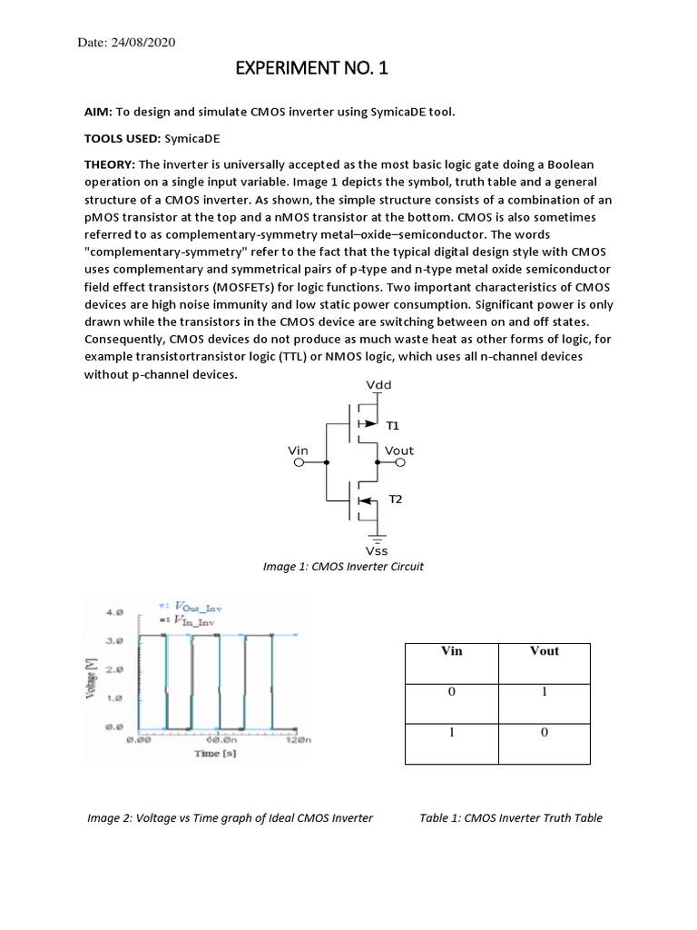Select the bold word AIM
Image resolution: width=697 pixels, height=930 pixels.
[x=97, y=112]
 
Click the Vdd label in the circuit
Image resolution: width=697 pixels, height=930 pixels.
[x=378, y=384]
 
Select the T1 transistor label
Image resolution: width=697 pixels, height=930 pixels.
[x=393, y=425]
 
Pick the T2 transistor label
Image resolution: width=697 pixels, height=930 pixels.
[x=395, y=500]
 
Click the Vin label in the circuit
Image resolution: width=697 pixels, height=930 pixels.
[x=299, y=450]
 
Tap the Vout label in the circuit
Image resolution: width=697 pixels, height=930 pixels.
[x=399, y=450]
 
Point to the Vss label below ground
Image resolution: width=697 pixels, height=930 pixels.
[x=377, y=550]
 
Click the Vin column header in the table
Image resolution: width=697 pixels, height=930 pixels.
[x=451, y=651]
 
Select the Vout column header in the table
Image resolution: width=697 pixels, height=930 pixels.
[x=544, y=651]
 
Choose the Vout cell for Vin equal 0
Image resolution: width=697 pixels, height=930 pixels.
[x=544, y=692]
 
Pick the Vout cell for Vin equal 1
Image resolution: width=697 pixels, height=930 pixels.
[x=544, y=734]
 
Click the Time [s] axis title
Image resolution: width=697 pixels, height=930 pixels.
[x=216, y=755]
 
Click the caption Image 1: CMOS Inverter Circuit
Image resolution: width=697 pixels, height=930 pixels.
[x=343, y=567]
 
